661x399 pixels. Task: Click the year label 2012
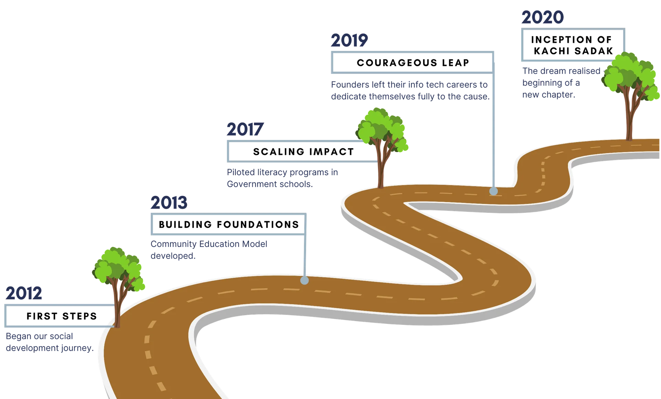tap(24, 293)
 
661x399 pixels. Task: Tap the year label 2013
tap(169, 203)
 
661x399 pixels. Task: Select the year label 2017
tap(245, 129)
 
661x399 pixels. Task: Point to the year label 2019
tap(349, 41)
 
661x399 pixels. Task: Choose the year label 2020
tap(542, 17)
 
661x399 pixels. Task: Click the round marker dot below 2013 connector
tap(304, 280)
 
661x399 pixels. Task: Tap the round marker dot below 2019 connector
tap(493, 191)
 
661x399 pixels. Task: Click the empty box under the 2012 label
tap(59, 316)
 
